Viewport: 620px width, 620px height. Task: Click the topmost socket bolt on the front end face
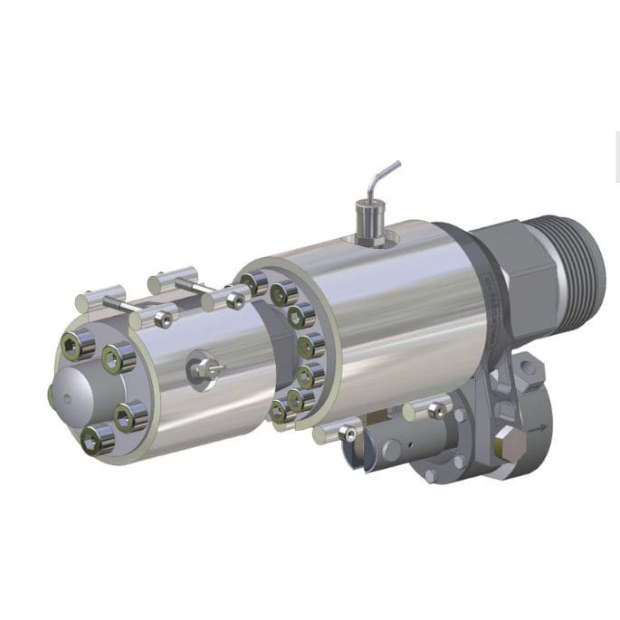[77, 343]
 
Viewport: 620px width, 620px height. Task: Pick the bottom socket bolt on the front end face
[97, 439]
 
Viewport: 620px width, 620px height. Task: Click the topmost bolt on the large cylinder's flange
[256, 283]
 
